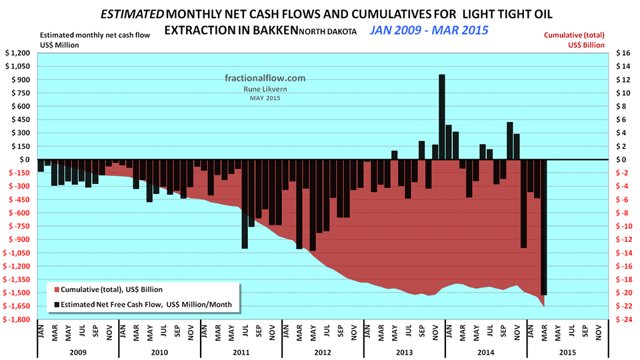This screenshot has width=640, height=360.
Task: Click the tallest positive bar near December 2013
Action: pyautogui.click(x=441, y=117)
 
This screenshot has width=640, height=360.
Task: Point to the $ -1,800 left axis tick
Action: pyautogui.click(x=17, y=319)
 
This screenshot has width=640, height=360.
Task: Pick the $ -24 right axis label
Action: pyautogui.click(x=621, y=319)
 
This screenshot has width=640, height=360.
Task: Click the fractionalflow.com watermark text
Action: pyautogui.click(x=265, y=78)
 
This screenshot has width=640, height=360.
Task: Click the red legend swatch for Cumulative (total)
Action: pyautogui.click(x=56, y=290)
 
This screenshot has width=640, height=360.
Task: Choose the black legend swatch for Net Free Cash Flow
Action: pyautogui.click(x=56, y=305)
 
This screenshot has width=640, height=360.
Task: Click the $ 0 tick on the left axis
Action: pyautogui.click(x=24, y=160)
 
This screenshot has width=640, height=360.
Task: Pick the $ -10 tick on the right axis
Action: pyautogui.click(x=621, y=227)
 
